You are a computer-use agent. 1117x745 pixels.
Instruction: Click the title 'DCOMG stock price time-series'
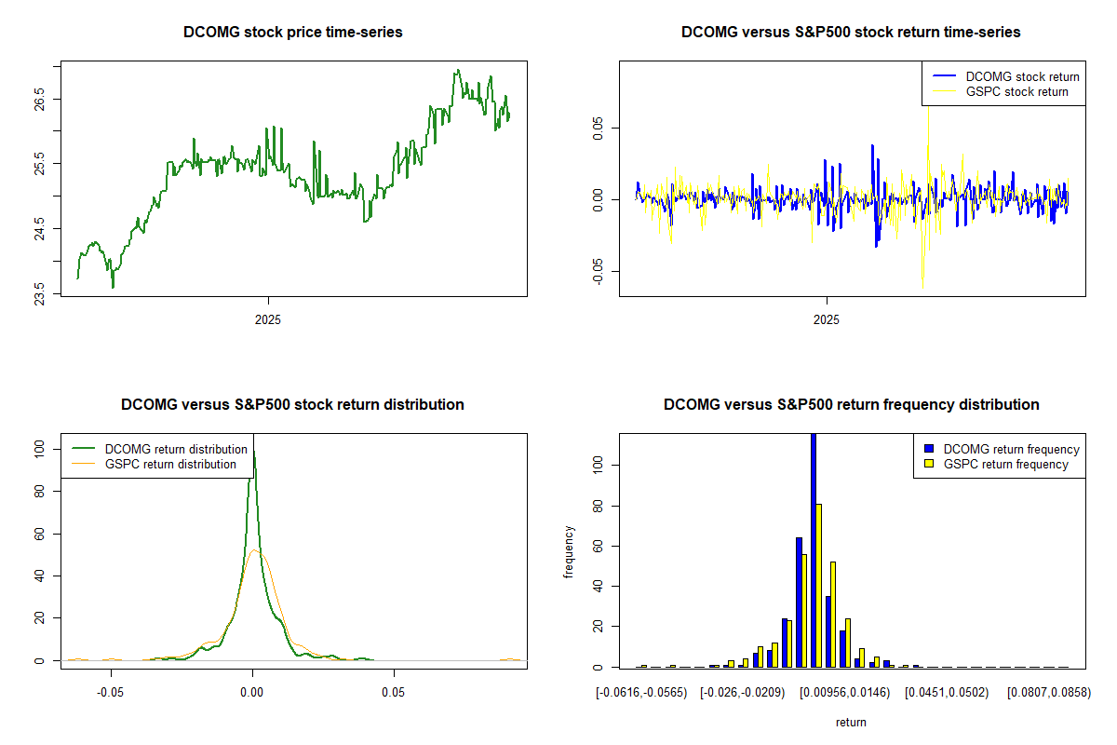pos(293,33)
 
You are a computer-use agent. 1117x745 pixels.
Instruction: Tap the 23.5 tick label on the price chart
pos(40,294)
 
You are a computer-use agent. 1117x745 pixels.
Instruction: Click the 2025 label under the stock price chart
pos(268,318)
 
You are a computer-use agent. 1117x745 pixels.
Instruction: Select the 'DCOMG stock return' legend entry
pos(1022,76)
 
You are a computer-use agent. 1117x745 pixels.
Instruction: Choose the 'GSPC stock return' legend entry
pos(1016,91)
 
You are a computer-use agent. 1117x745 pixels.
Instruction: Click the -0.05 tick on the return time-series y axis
pos(599,271)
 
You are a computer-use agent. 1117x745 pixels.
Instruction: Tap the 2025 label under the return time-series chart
pos(827,318)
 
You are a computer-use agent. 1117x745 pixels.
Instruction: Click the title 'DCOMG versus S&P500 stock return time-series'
pos(851,33)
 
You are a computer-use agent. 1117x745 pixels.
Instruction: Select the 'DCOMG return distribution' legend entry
pos(176,449)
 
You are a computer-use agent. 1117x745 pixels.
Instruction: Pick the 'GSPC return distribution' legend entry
pos(170,464)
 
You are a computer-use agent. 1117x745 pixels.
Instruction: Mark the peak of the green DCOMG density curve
pos(253,453)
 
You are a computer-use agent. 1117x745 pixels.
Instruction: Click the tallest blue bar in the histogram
pos(814,549)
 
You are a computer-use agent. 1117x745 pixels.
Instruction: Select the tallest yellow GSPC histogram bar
pos(819,585)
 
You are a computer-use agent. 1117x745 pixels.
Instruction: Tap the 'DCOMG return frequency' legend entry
pos(1011,449)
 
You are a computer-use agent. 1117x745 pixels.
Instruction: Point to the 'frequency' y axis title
pos(569,551)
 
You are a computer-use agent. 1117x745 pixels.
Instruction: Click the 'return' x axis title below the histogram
pos(851,722)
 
